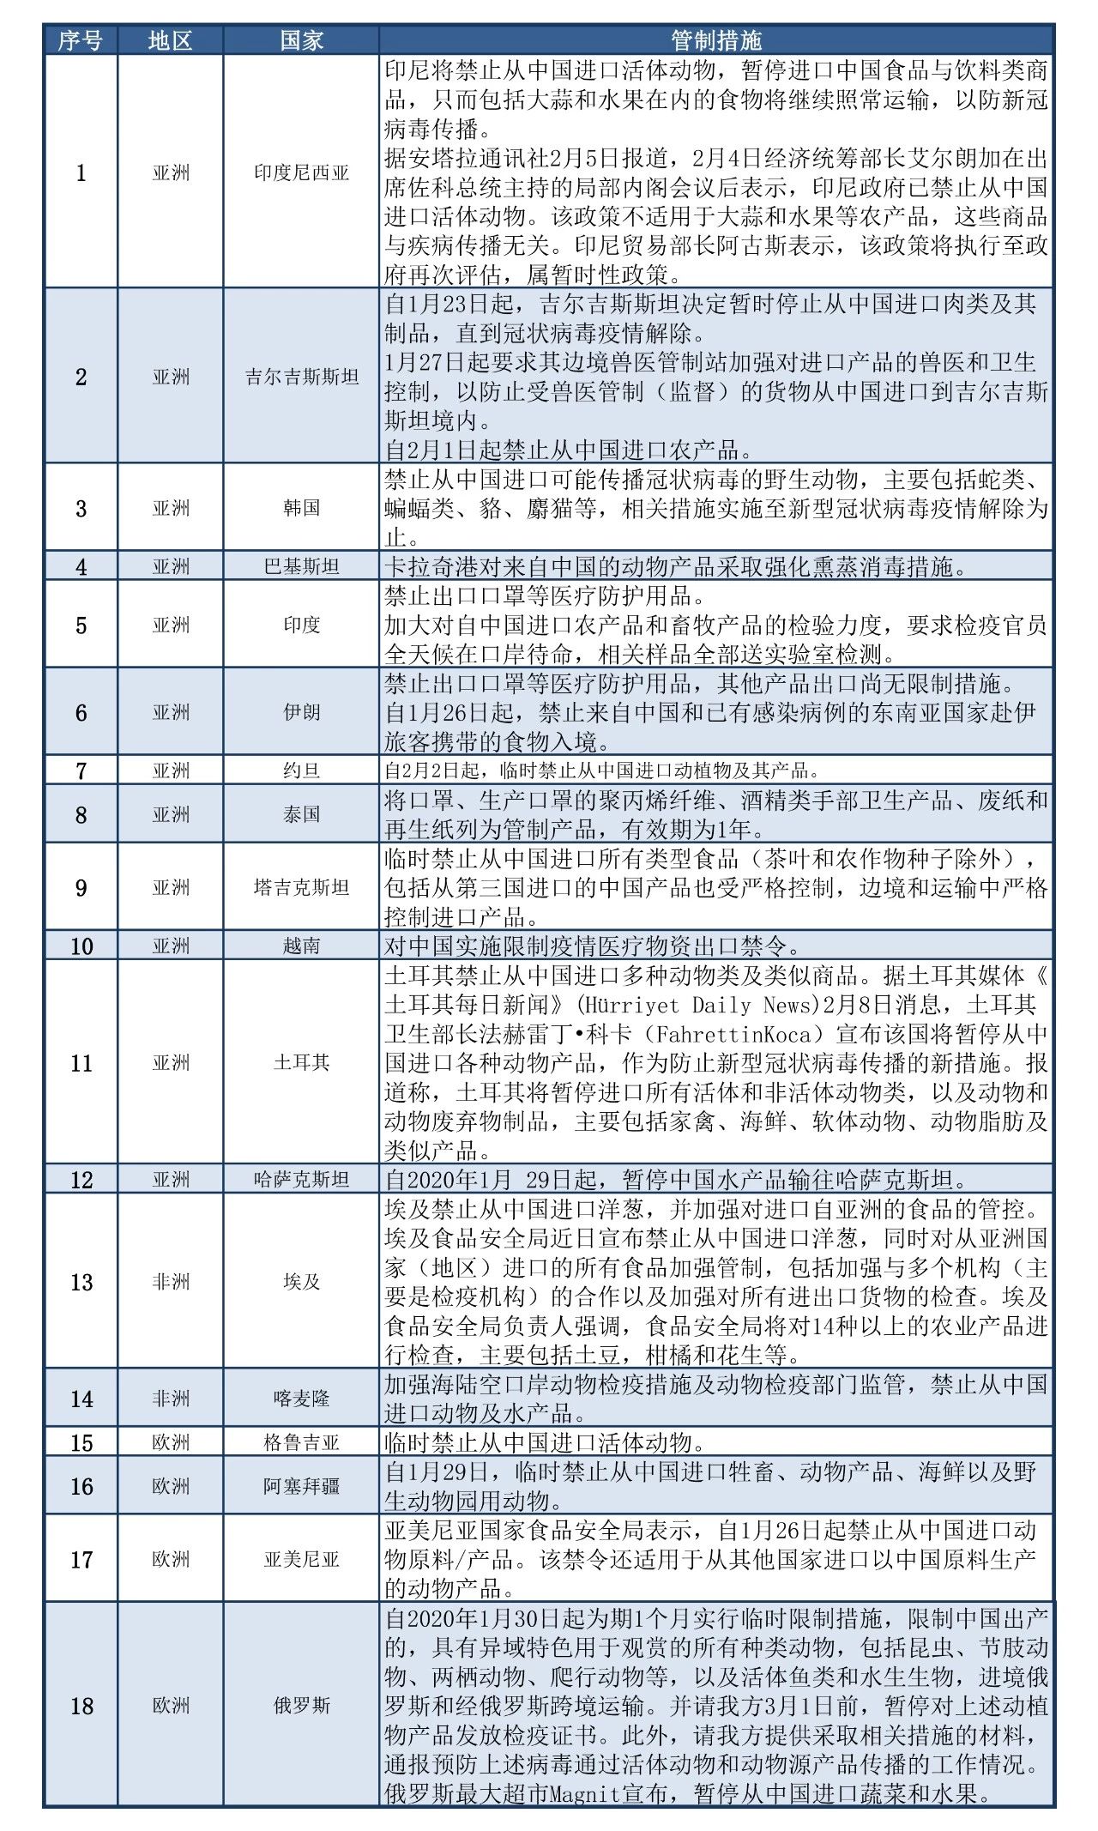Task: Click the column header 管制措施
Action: [x=716, y=40]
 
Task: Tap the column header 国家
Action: [x=301, y=40]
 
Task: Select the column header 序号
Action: [x=81, y=40]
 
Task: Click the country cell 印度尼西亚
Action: [x=301, y=172]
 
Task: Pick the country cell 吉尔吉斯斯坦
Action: [x=301, y=377]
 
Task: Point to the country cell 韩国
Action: [x=301, y=508]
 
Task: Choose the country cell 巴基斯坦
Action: [x=301, y=566]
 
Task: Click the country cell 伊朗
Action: [x=301, y=712]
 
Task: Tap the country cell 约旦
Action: [x=301, y=770]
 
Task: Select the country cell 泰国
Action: [x=301, y=814]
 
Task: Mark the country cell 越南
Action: [x=301, y=946]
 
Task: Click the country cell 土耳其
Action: [x=301, y=1062]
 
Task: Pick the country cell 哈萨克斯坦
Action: [x=301, y=1180]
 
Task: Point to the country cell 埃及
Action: [x=301, y=1282]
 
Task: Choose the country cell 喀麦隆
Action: [x=301, y=1399]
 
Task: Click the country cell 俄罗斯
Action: [x=301, y=1705]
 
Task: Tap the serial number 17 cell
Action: [x=81, y=1559]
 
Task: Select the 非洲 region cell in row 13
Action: [x=171, y=1282]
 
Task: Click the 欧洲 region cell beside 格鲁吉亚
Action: [x=171, y=1442]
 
